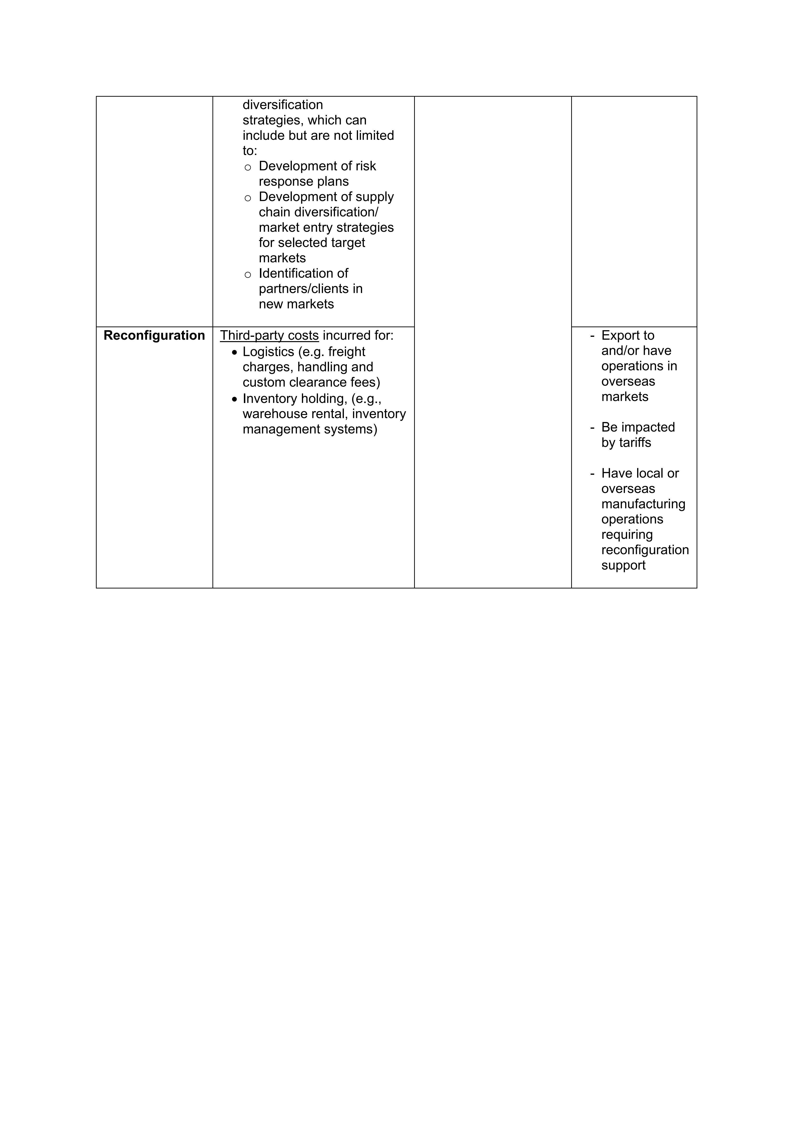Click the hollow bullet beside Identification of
pyautogui.click(x=248, y=275)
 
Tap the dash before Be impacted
pyautogui.click(x=592, y=427)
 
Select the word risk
pyautogui.click(x=365, y=166)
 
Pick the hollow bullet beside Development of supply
pyautogui.click(x=248, y=198)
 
